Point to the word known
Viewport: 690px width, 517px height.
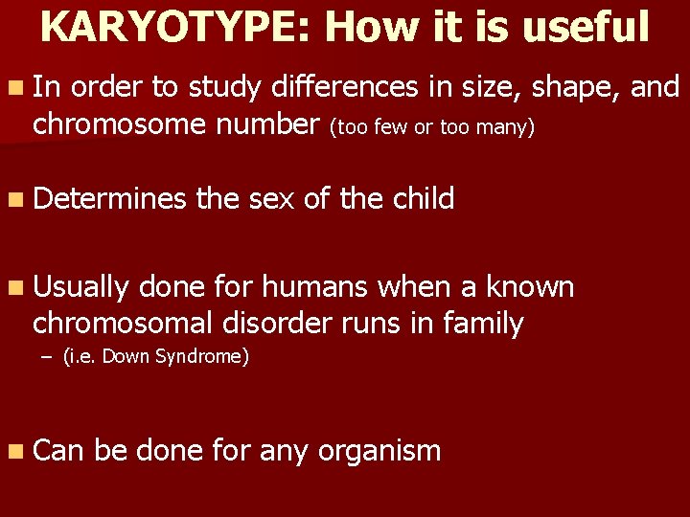point(530,287)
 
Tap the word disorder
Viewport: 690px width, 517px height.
point(268,324)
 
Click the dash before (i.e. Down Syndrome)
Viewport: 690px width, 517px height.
point(47,357)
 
